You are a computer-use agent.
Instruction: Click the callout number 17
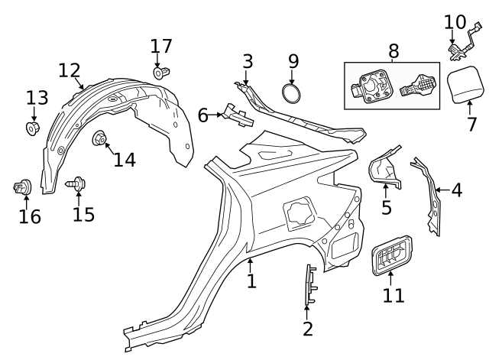tap(161, 46)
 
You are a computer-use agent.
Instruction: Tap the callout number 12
tap(70, 70)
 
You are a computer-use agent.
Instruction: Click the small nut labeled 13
tap(33, 127)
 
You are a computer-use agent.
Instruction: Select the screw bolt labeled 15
tap(78, 184)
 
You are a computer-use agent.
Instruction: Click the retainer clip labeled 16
tap(21, 186)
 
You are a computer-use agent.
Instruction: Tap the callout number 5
tap(387, 206)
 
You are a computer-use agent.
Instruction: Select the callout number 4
tap(456, 190)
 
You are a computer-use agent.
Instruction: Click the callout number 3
tap(248, 61)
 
